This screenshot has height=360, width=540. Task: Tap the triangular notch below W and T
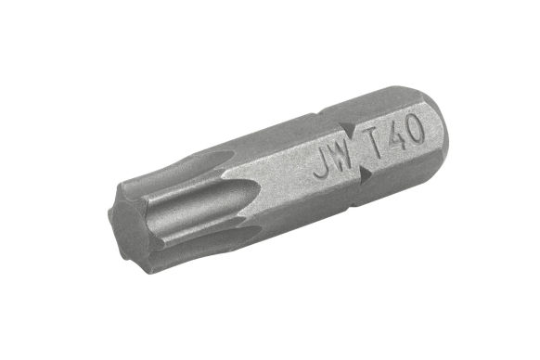(365, 173)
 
